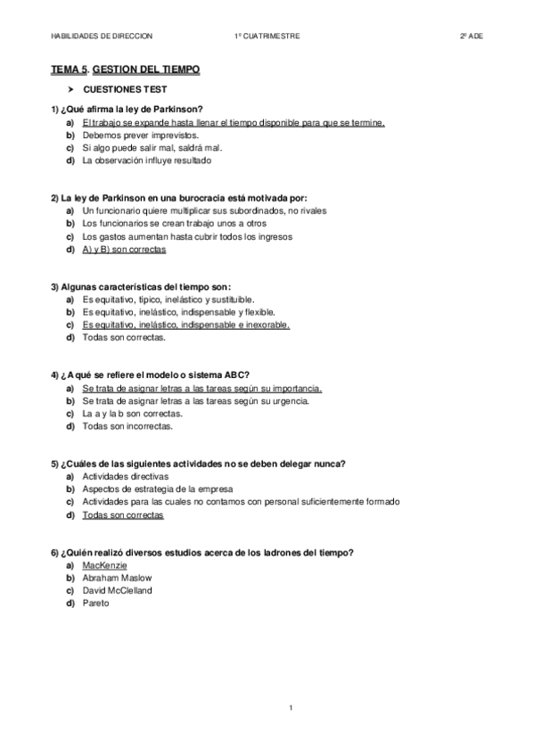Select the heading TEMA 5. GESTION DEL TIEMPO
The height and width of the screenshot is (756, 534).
pos(125,69)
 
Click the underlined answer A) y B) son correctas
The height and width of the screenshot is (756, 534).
pos(123,250)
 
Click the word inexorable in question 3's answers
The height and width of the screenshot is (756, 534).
pos(266,325)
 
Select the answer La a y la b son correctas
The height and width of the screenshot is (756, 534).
pos(132,414)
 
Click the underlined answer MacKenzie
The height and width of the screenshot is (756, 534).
pos(104,565)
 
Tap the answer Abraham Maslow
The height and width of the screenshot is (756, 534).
pos(117,578)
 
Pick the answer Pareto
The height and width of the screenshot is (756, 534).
pos(95,604)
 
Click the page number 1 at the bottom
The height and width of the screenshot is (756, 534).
pos(292,707)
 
